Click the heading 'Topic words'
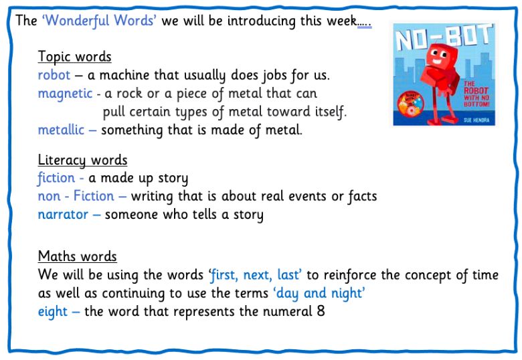pyautogui.click(x=74, y=57)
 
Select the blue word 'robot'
pyautogui.click(x=54, y=75)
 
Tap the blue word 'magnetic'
pyautogui.click(x=65, y=94)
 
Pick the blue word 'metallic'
pyautogui.click(x=61, y=129)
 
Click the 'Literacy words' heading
pyautogui.click(x=82, y=160)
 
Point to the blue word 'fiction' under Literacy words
pyautogui.click(x=56, y=178)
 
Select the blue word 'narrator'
pyautogui.click(x=63, y=215)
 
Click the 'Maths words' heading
pyautogui.click(x=77, y=256)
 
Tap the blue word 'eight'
pyautogui.click(x=53, y=312)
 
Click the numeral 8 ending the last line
pyautogui.click(x=321, y=311)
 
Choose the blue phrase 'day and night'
pyautogui.click(x=319, y=294)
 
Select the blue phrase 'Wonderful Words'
pyautogui.click(x=99, y=21)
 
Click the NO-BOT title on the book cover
pyautogui.click(x=444, y=37)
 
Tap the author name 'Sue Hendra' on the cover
pyautogui.click(x=476, y=120)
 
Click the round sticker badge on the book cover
pyautogui.click(x=410, y=104)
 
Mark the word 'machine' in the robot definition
pyautogui.click(x=124, y=75)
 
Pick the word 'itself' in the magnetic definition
pyautogui.click(x=329, y=112)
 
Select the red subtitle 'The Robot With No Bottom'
pyautogui.click(x=476, y=94)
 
